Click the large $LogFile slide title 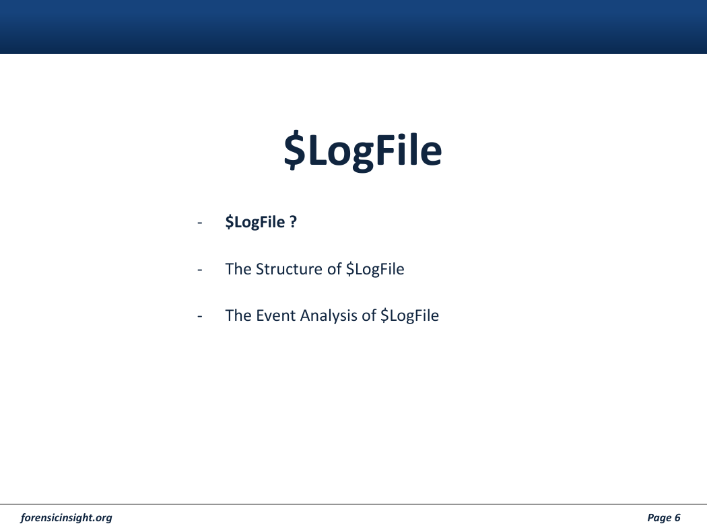[x=362, y=151]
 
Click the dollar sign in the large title [x=295, y=150]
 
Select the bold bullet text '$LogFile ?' [x=261, y=223]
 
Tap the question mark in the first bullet [x=293, y=221]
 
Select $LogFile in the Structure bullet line [x=375, y=269]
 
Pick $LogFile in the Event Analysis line [x=409, y=316]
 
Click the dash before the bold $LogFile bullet [x=200, y=223]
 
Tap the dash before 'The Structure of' [x=200, y=270]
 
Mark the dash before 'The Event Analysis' [x=200, y=316]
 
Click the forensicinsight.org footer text [x=66, y=518]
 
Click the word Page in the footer [x=659, y=518]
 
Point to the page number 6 [x=677, y=517]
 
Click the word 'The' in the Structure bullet [x=238, y=269]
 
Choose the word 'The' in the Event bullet [x=238, y=315]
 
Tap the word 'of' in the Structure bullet [x=335, y=269]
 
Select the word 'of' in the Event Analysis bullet [x=369, y=315]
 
